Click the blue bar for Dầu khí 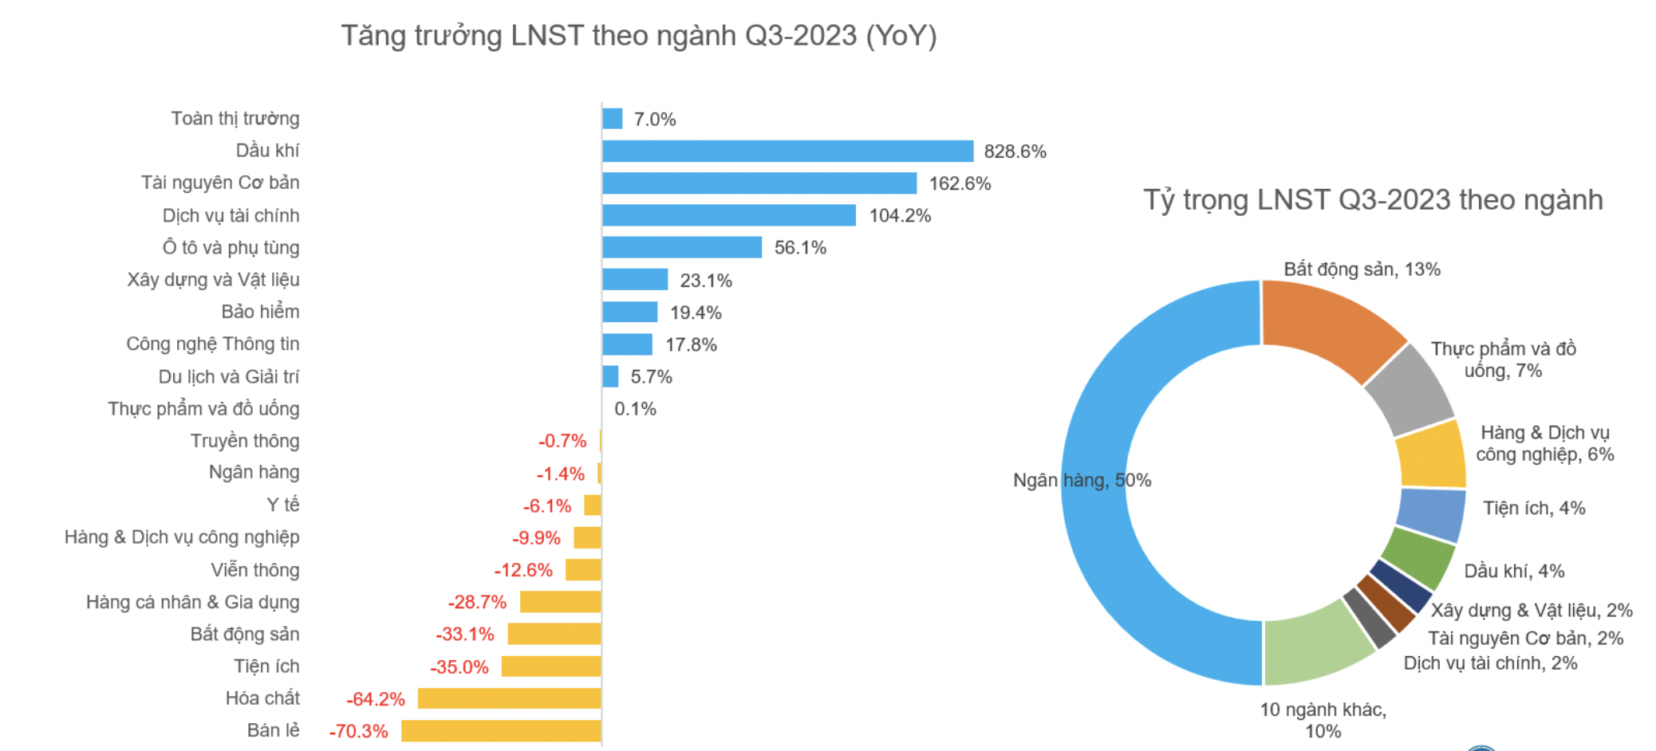click(787, 151)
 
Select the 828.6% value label click(1015, 151)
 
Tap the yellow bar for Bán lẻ click(501, 731)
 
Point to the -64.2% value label click(376, 699)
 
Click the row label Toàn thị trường click(235, 119)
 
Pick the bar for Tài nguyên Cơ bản click(759, 183)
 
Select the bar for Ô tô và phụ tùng click(682, 247)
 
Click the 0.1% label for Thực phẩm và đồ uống click(635, 409)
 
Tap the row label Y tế click(283, 505)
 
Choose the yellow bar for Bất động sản click(554, 635)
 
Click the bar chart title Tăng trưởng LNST click(639, 36)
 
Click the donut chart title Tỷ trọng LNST click(1373, 200)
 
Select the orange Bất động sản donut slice click(1328, 323)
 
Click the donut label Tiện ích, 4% click(1533, 509)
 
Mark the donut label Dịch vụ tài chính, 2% click(1490, 663)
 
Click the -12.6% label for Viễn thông click(523, 570)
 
